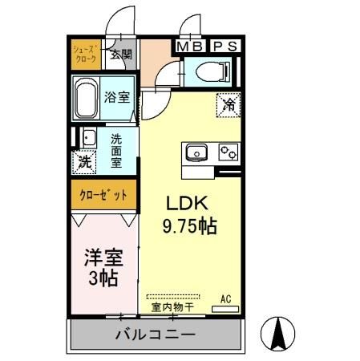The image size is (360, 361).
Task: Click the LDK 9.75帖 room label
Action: [x=190, y=214]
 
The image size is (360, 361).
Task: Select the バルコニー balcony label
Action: [x=156, y=333]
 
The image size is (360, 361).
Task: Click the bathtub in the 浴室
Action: [x=87, y=99]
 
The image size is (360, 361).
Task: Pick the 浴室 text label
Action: [x=117, y=98]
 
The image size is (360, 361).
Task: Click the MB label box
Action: [x=190, y=47]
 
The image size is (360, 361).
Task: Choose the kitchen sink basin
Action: [x=197, y=152]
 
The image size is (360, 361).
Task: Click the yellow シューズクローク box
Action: [x=86, y=55]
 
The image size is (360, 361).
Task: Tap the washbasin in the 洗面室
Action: [x=88, y=138]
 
